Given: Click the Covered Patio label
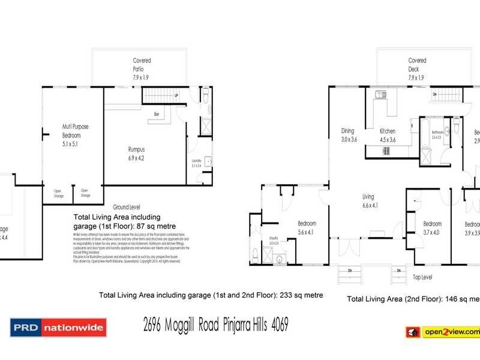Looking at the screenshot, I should (142, 69).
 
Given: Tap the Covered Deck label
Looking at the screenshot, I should (417, 69).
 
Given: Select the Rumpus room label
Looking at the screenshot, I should (136, 154).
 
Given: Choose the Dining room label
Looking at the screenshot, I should (349, 135).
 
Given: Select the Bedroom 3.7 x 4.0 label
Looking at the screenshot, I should (432, 227).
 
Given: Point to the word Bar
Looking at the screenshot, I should (156, 113).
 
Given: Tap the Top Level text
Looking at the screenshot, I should (422, 278).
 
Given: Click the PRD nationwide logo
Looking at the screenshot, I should (58, 328).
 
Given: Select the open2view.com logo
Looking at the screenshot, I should (442, 332).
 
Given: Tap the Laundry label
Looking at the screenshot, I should (196, 162).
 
